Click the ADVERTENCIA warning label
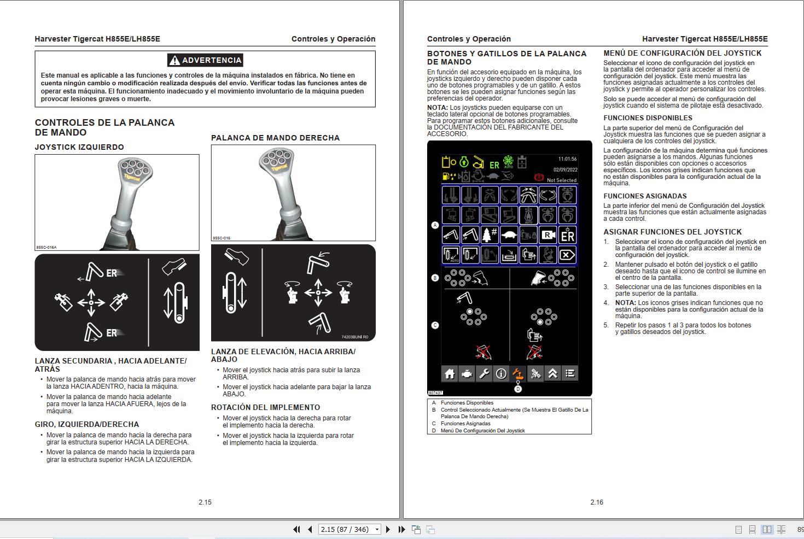205,60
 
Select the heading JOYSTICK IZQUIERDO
79,147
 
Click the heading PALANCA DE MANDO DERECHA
275,138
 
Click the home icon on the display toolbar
450,374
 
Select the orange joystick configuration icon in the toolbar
517,374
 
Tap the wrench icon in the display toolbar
484,374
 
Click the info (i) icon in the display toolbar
501,374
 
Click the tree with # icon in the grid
488,235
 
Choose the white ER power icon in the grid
568,235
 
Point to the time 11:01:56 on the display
567,159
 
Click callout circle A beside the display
435,225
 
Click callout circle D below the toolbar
518,389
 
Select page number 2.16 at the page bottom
596,502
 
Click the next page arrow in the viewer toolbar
388,529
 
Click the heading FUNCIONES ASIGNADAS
645,196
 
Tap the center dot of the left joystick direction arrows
92,302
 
